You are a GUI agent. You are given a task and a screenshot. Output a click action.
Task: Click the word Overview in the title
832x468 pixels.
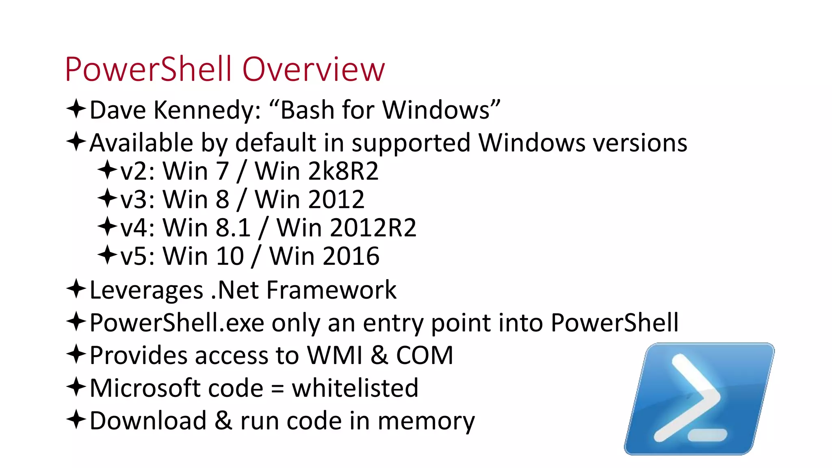tap(313, 69)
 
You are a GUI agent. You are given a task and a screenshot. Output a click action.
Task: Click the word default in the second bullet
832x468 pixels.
tap(275, 143)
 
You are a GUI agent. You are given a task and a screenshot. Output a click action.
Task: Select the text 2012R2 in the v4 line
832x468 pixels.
tap(373, 228)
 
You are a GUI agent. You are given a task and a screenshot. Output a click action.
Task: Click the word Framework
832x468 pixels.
tap(331, 290)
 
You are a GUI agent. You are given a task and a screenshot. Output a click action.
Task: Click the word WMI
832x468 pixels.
tap(334, 355)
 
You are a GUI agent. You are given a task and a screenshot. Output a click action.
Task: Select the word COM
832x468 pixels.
tap(425, 355)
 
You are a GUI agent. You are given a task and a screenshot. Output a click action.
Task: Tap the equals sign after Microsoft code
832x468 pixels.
tap(277, 389)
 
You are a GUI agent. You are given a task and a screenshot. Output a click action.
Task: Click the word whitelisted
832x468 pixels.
tap(355, 388)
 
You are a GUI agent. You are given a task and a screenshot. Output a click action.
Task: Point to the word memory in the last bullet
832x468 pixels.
tap(426, 421)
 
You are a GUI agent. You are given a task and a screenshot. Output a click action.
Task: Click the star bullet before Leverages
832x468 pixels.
tap(76, 289)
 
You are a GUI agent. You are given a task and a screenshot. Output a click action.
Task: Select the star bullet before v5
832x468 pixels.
tap(107, 255)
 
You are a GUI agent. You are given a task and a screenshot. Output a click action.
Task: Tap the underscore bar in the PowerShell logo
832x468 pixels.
tap(707, 435)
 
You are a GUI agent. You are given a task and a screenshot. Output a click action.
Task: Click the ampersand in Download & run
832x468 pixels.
tap(223, 421)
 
